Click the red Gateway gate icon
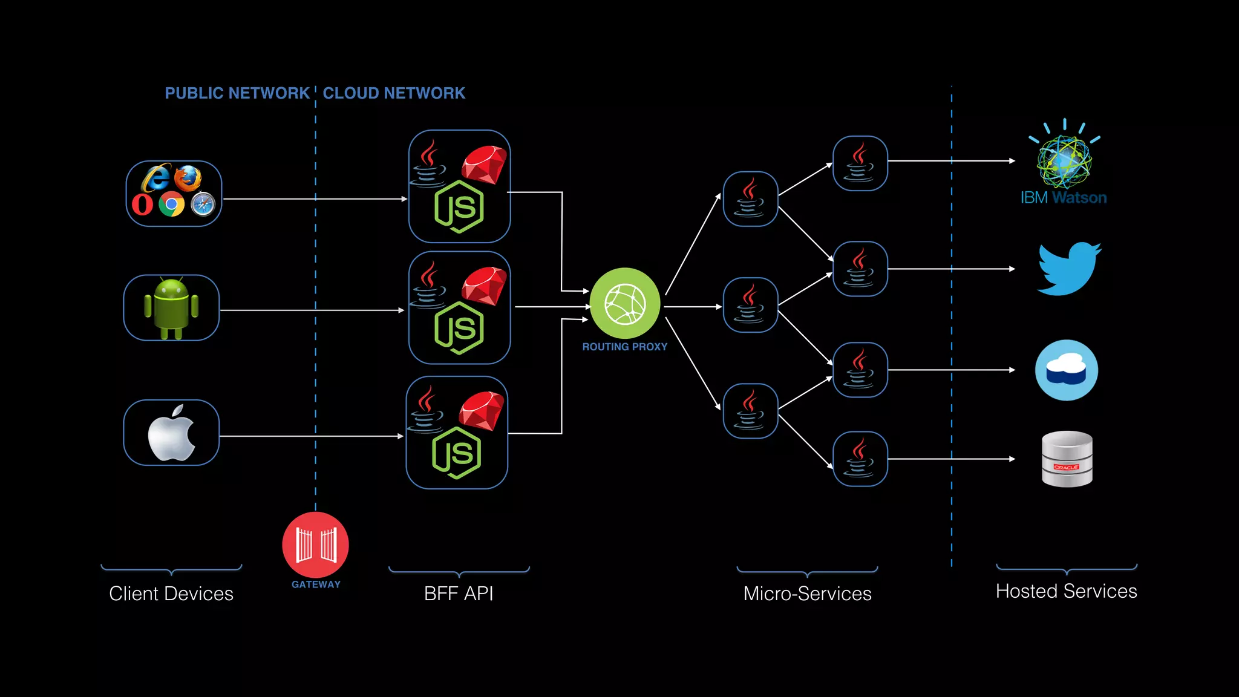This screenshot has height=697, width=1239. pos(315,545)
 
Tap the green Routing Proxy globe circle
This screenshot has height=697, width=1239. pos(625,303)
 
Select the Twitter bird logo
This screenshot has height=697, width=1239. pos(1069,269)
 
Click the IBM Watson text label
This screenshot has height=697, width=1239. pos(1063,198)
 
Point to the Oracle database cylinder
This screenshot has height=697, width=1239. pos(1067,459)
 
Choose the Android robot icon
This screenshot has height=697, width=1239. pos(171,308)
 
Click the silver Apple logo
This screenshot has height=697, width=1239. pos(172,433)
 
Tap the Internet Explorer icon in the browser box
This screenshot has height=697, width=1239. pos(155,178)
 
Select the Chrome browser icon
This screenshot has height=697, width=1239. pos(172,205)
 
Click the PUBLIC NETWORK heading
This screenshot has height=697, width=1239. pos(237,93)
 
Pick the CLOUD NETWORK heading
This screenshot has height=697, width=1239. pos(394,93)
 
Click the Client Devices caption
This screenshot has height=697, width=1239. pos(171,594)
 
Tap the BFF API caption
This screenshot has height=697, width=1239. pos(459,594)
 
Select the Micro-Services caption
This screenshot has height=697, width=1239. pos(807,594)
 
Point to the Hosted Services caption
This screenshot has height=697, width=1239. pos(1066,591)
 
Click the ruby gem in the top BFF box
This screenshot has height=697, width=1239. pos(485,163)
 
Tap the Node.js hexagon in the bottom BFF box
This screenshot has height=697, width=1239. pos(457,453)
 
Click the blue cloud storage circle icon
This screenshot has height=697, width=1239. pos(1067,370)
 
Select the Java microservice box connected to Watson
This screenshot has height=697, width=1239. pos(860,163)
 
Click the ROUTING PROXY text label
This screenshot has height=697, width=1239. pos(624,347)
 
